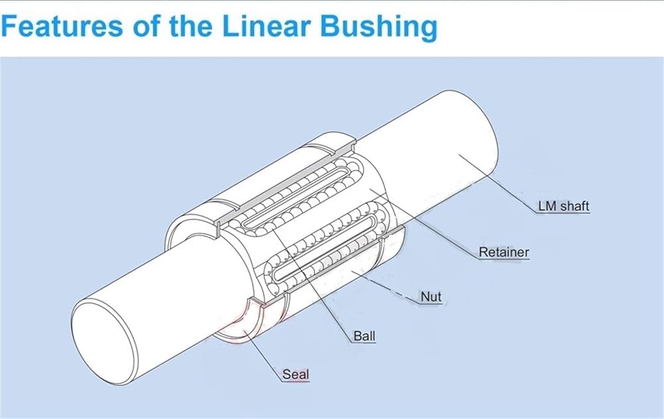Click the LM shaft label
pyautogui.click(x=564, y=207)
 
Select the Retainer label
pyautogui.click(x=504, y=252)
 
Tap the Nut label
pyautogui.click(x=431, y=297)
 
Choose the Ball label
pyautogui.click(x=365, y=337)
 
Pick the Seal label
pyautogui.click(x=295, y=374)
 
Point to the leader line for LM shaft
pyautogui.click(x=497, y=183)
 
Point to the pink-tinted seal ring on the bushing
pyautogui.click(x=237, y=323)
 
